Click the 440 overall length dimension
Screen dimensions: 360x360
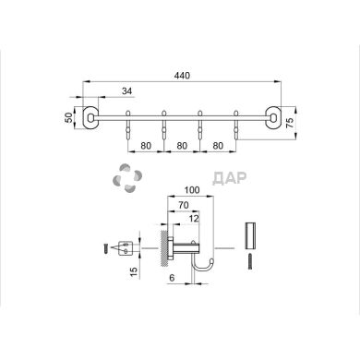pos(182,76)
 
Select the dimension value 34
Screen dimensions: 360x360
pos(126,91)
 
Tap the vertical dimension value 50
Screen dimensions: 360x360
pos(69,117)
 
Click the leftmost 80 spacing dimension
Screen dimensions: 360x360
pos(146,145)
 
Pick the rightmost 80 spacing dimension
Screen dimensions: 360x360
pos(218,145)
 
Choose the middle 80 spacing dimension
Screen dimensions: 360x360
pos(182,145)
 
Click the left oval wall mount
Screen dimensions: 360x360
pos(90,117)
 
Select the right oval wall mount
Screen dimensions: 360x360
pos(273,117)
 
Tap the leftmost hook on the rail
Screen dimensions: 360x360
pos(128,126)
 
